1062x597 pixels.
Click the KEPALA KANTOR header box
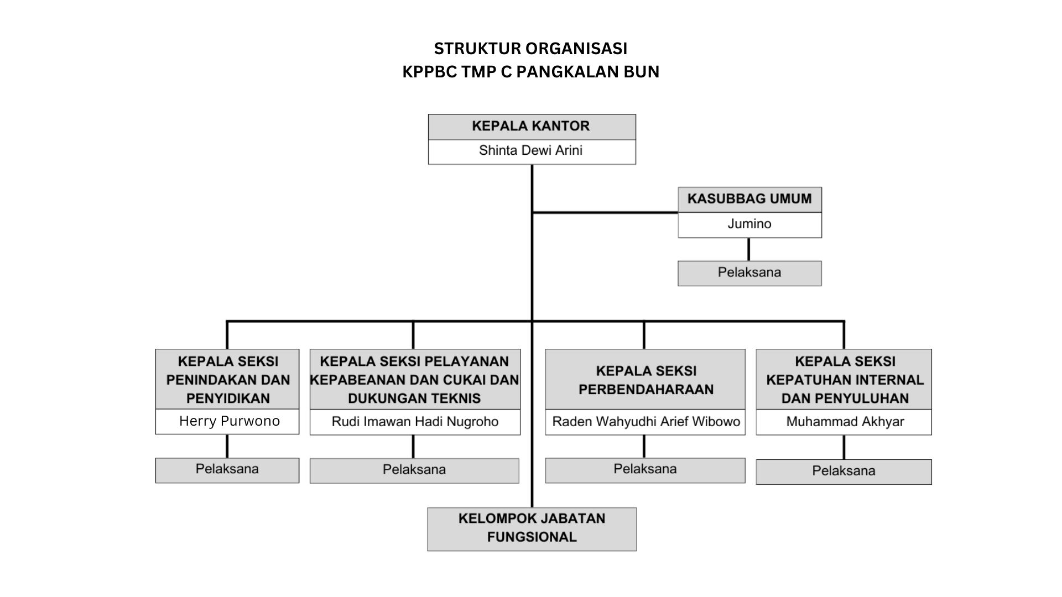(x=531, y=127)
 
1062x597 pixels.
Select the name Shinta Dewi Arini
(x=531, y=151)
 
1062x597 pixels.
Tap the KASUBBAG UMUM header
(x=749, y=200)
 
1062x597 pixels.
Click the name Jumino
(x=749, y=224)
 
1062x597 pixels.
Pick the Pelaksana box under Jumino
(x=749, y=273)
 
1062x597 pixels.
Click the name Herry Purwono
(x=229, y=421)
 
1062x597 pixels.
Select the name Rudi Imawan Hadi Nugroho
(x=415, y=422)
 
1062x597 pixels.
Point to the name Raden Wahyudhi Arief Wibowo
(x=645, y=422)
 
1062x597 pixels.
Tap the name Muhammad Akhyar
(x=845, y=422)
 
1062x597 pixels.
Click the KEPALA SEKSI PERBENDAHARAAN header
(x=645, y=380)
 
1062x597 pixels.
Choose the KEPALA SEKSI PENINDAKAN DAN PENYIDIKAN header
(x=228, y=380)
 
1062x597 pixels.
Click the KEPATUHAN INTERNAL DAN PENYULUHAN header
(x=845, y=380)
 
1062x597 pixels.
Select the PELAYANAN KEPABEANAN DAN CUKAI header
(x=415, y=380)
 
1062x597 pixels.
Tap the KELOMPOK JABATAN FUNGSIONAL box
(x=532, y=528)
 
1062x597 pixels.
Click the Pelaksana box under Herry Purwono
(x=227, y=470)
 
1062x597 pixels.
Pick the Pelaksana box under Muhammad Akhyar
(x=844, y=472)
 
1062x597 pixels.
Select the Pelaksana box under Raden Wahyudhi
(x=645, y=470)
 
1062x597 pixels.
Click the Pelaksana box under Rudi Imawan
(x=414, y=470)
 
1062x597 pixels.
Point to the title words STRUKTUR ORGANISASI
(x=530, y=49)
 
